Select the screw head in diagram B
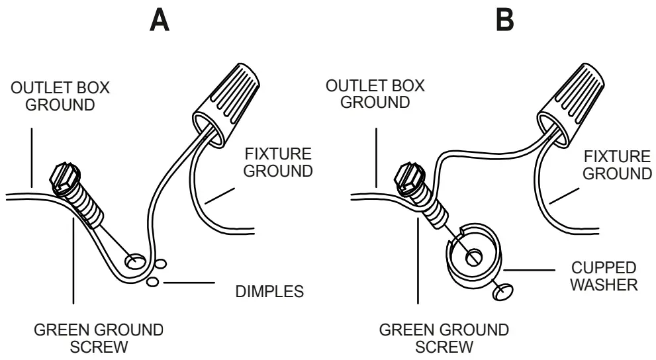tap(408, 177)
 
